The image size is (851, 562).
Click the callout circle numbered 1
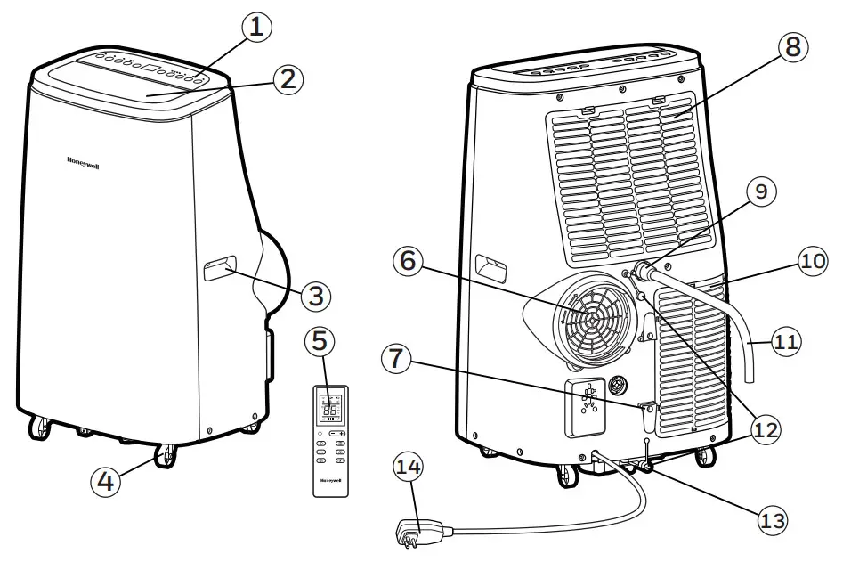pyautogui.click(x=255, y=28)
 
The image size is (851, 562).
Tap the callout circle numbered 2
pyautogui.click(x=285, y=78)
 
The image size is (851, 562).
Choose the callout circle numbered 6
pyautogui.click(x=408, y=261)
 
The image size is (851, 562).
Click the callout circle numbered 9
pyautogui.click(x=760, y=191)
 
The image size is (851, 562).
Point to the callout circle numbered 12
pyautogui.click(x=763, y=430)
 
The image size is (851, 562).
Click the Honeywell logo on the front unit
pyautogui.click(x=83, y=162)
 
